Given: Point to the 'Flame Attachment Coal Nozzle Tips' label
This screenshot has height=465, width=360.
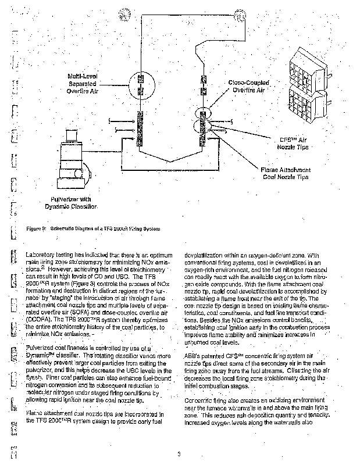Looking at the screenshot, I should [x=286, y=173].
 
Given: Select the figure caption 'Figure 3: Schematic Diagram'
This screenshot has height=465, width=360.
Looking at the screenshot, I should [x=94, y=228].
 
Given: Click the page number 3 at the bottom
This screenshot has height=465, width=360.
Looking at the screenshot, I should [x=180, y=453].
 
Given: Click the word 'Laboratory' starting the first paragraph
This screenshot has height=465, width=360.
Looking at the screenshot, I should [x=42, y=255].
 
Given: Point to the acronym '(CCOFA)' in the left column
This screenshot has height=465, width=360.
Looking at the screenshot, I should [x=40, y=317].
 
